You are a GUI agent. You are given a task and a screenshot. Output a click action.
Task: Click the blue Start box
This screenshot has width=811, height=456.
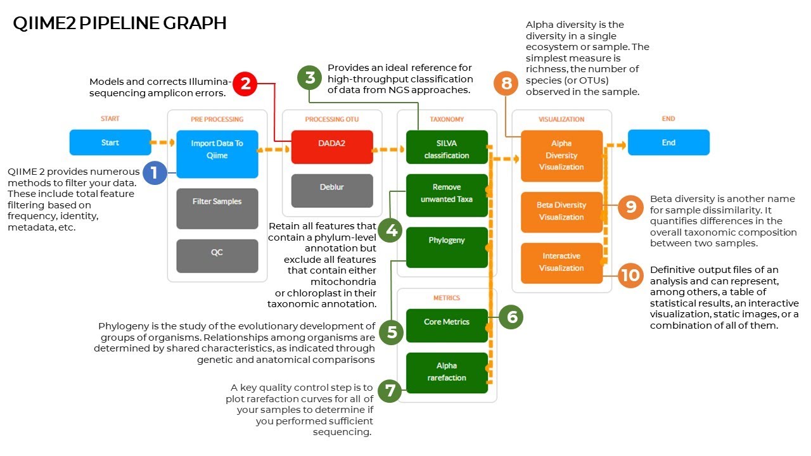[110, 142]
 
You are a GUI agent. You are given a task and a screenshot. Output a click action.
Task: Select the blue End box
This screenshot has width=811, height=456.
[668, 142]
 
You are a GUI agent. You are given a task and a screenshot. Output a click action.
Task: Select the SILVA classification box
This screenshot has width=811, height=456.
[447, 149]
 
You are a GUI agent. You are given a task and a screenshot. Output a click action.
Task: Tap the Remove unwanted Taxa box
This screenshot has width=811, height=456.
[447, 193]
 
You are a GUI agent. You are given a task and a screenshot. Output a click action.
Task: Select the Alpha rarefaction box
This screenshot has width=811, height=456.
[447, 372]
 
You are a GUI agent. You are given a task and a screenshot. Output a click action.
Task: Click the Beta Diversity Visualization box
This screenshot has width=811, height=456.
[561, 212]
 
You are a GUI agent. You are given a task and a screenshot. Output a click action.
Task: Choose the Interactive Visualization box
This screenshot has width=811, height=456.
[561, 263]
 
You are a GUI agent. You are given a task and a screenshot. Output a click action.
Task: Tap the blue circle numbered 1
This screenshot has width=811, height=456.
[154, 172]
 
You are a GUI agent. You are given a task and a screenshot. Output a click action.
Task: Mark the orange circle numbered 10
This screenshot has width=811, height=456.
[630, 275]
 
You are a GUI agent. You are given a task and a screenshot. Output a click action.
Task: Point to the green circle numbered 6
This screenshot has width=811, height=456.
[511, 317]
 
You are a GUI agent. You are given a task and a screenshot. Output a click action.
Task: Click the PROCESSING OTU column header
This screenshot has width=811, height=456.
[332, 119]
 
